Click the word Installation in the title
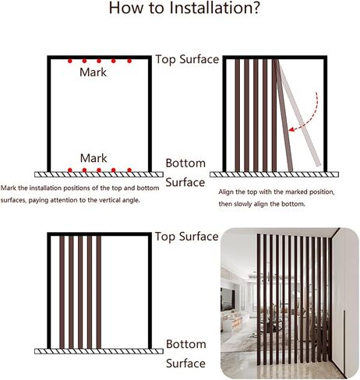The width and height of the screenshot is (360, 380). coord(214,8)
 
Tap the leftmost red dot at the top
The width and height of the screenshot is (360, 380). coord(70,61)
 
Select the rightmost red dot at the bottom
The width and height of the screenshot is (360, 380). coord(129,170)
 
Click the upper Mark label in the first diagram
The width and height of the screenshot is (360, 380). coord(93,72)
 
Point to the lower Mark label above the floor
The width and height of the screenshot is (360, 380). coord(94,158)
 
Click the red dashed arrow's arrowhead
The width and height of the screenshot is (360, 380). coord(292,129)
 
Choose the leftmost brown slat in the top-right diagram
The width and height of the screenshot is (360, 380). coord(238,115)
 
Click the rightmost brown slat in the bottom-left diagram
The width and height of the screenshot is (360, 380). coord(99,292)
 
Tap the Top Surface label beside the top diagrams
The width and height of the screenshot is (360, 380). coord(187,59)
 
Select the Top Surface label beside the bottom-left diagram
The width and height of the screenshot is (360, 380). coord(187,237)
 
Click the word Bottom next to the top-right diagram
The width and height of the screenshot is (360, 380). coord(185,163)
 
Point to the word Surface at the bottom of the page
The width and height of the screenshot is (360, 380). coord(185,364)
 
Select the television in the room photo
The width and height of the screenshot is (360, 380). coord(228,299)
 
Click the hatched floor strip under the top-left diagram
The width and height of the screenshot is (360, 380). coord(99,174)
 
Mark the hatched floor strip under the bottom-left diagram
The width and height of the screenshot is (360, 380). coord(99,351)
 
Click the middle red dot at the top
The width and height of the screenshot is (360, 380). coord(99,61)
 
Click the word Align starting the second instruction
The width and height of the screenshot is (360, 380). coord(225,192)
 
